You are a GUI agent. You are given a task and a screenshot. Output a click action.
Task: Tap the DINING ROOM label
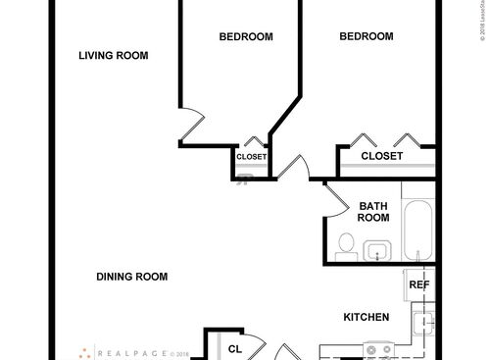point(131,277)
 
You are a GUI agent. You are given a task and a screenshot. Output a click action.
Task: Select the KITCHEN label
point(367,317)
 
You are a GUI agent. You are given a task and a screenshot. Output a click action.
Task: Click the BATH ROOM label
point(372,211)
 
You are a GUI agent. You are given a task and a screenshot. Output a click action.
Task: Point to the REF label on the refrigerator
point(418,285)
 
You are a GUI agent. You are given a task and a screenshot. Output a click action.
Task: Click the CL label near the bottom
point(234,348)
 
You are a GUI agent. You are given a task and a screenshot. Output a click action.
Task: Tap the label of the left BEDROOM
point(245,37)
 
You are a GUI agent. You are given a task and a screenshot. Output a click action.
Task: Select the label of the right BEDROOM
point(366,37)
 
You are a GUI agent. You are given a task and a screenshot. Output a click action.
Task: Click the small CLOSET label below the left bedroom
point(251,157)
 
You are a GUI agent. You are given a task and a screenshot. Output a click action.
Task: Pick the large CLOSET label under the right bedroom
point(382,156)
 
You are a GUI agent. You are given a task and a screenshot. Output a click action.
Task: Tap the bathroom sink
point(378,251)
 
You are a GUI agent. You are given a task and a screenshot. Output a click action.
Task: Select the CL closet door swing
point(257,346)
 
